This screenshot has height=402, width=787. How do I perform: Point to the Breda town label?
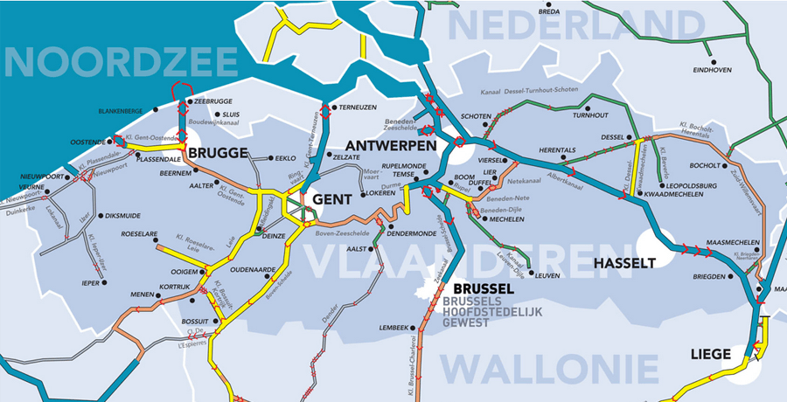549,12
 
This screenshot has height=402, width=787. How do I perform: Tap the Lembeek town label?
394,328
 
